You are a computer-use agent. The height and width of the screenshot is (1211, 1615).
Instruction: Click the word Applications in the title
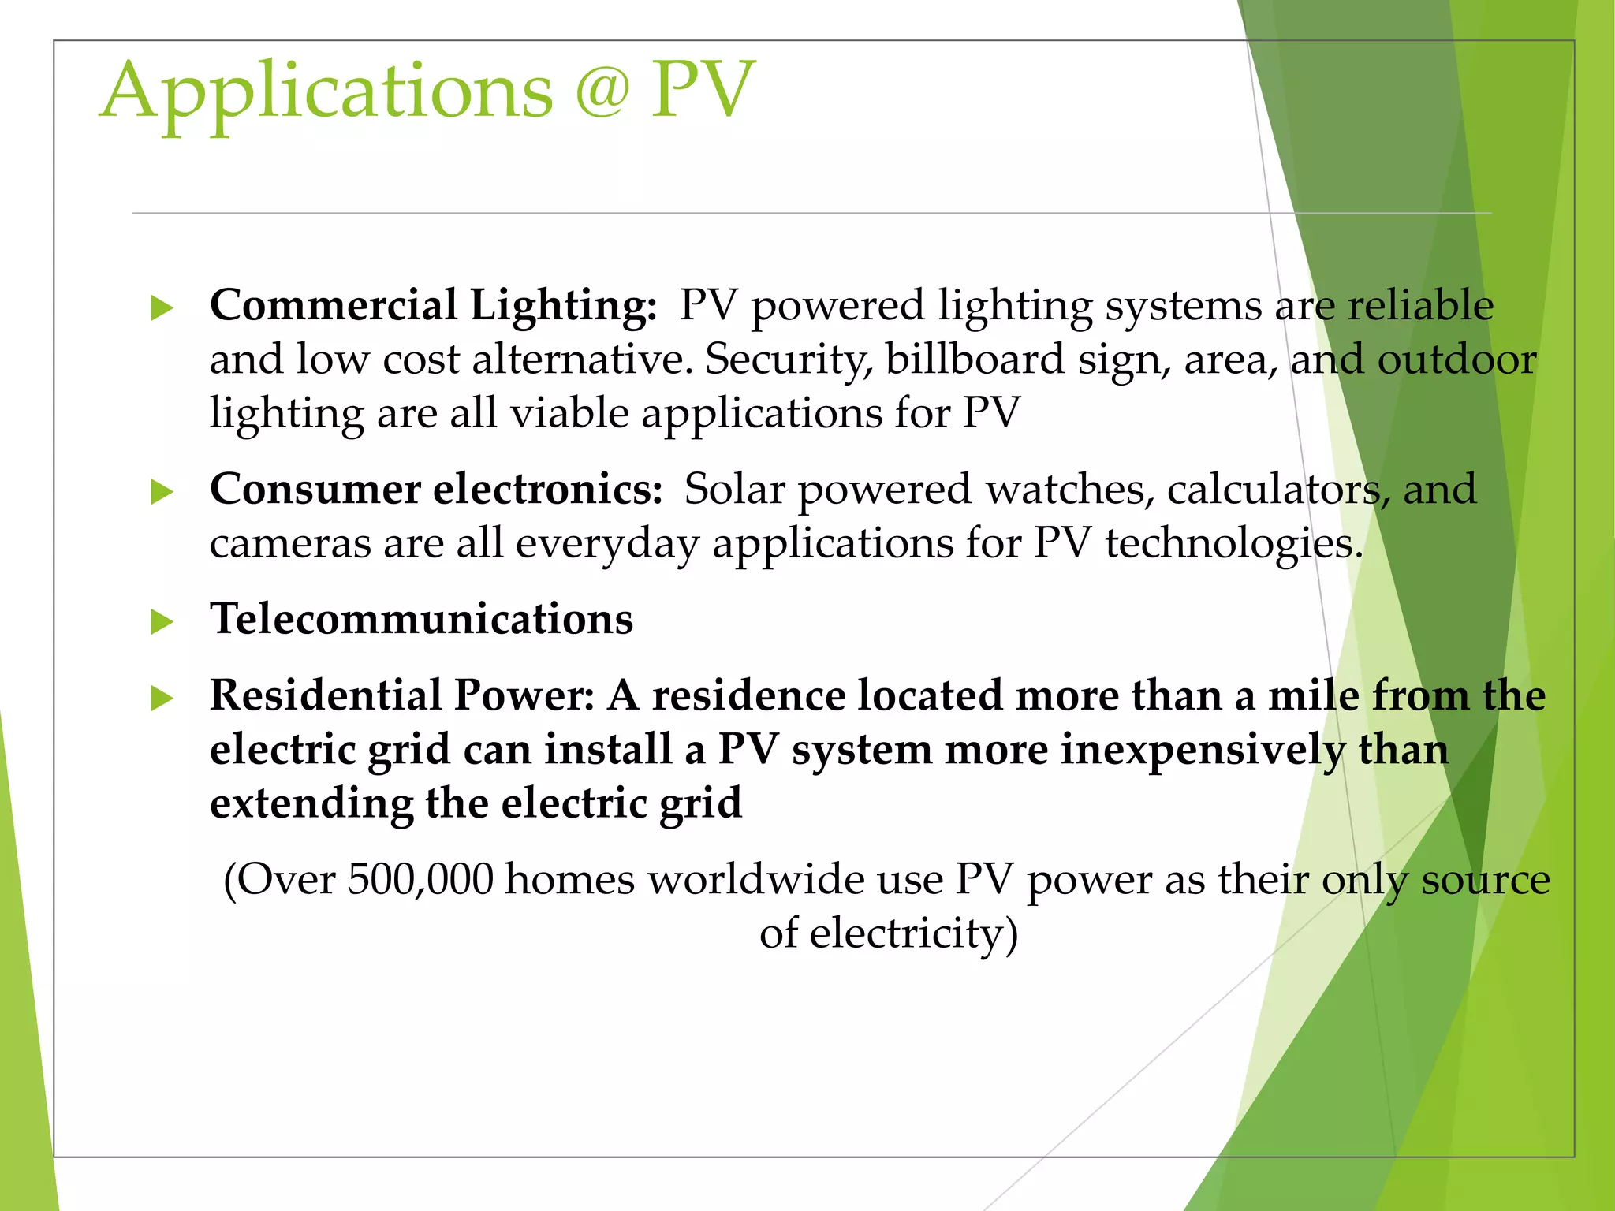326,91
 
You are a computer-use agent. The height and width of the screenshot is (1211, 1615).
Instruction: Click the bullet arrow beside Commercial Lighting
162,307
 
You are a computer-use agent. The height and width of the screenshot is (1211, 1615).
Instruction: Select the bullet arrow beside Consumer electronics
162,492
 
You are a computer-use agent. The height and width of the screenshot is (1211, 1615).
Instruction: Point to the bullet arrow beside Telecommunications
162,621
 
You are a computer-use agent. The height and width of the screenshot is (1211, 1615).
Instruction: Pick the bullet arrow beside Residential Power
162,698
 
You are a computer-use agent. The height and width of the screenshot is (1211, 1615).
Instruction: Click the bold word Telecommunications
421,618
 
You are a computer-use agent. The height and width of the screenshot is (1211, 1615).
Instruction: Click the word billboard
975,360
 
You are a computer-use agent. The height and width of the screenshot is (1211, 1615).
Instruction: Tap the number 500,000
420,879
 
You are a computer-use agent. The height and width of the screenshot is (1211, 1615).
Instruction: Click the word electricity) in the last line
914,933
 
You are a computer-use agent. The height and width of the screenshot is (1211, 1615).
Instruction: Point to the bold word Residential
325,695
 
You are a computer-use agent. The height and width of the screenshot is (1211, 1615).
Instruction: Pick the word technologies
1233,544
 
